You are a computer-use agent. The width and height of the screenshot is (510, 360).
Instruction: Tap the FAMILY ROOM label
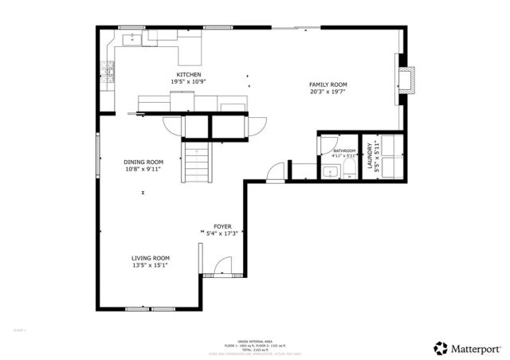328,84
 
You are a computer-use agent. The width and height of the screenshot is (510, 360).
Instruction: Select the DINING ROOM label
143,162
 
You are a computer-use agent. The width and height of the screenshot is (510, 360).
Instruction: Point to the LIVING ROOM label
151,258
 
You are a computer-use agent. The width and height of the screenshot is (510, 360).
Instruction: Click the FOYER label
222,227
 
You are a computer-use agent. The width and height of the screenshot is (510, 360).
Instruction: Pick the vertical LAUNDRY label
370,155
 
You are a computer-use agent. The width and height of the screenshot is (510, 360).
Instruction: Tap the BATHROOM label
344,151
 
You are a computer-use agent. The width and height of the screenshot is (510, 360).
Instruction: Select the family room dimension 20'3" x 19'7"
328,92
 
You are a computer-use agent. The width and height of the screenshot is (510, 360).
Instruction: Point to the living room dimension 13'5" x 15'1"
151,265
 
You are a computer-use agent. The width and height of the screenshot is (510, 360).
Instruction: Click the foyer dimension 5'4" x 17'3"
222,234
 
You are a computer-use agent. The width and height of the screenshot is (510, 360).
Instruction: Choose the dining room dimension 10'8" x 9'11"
143,169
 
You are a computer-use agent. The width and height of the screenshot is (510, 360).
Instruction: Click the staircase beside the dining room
199,162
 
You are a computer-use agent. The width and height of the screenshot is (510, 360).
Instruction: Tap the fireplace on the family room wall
407,78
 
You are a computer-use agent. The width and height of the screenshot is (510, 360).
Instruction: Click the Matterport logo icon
440,347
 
